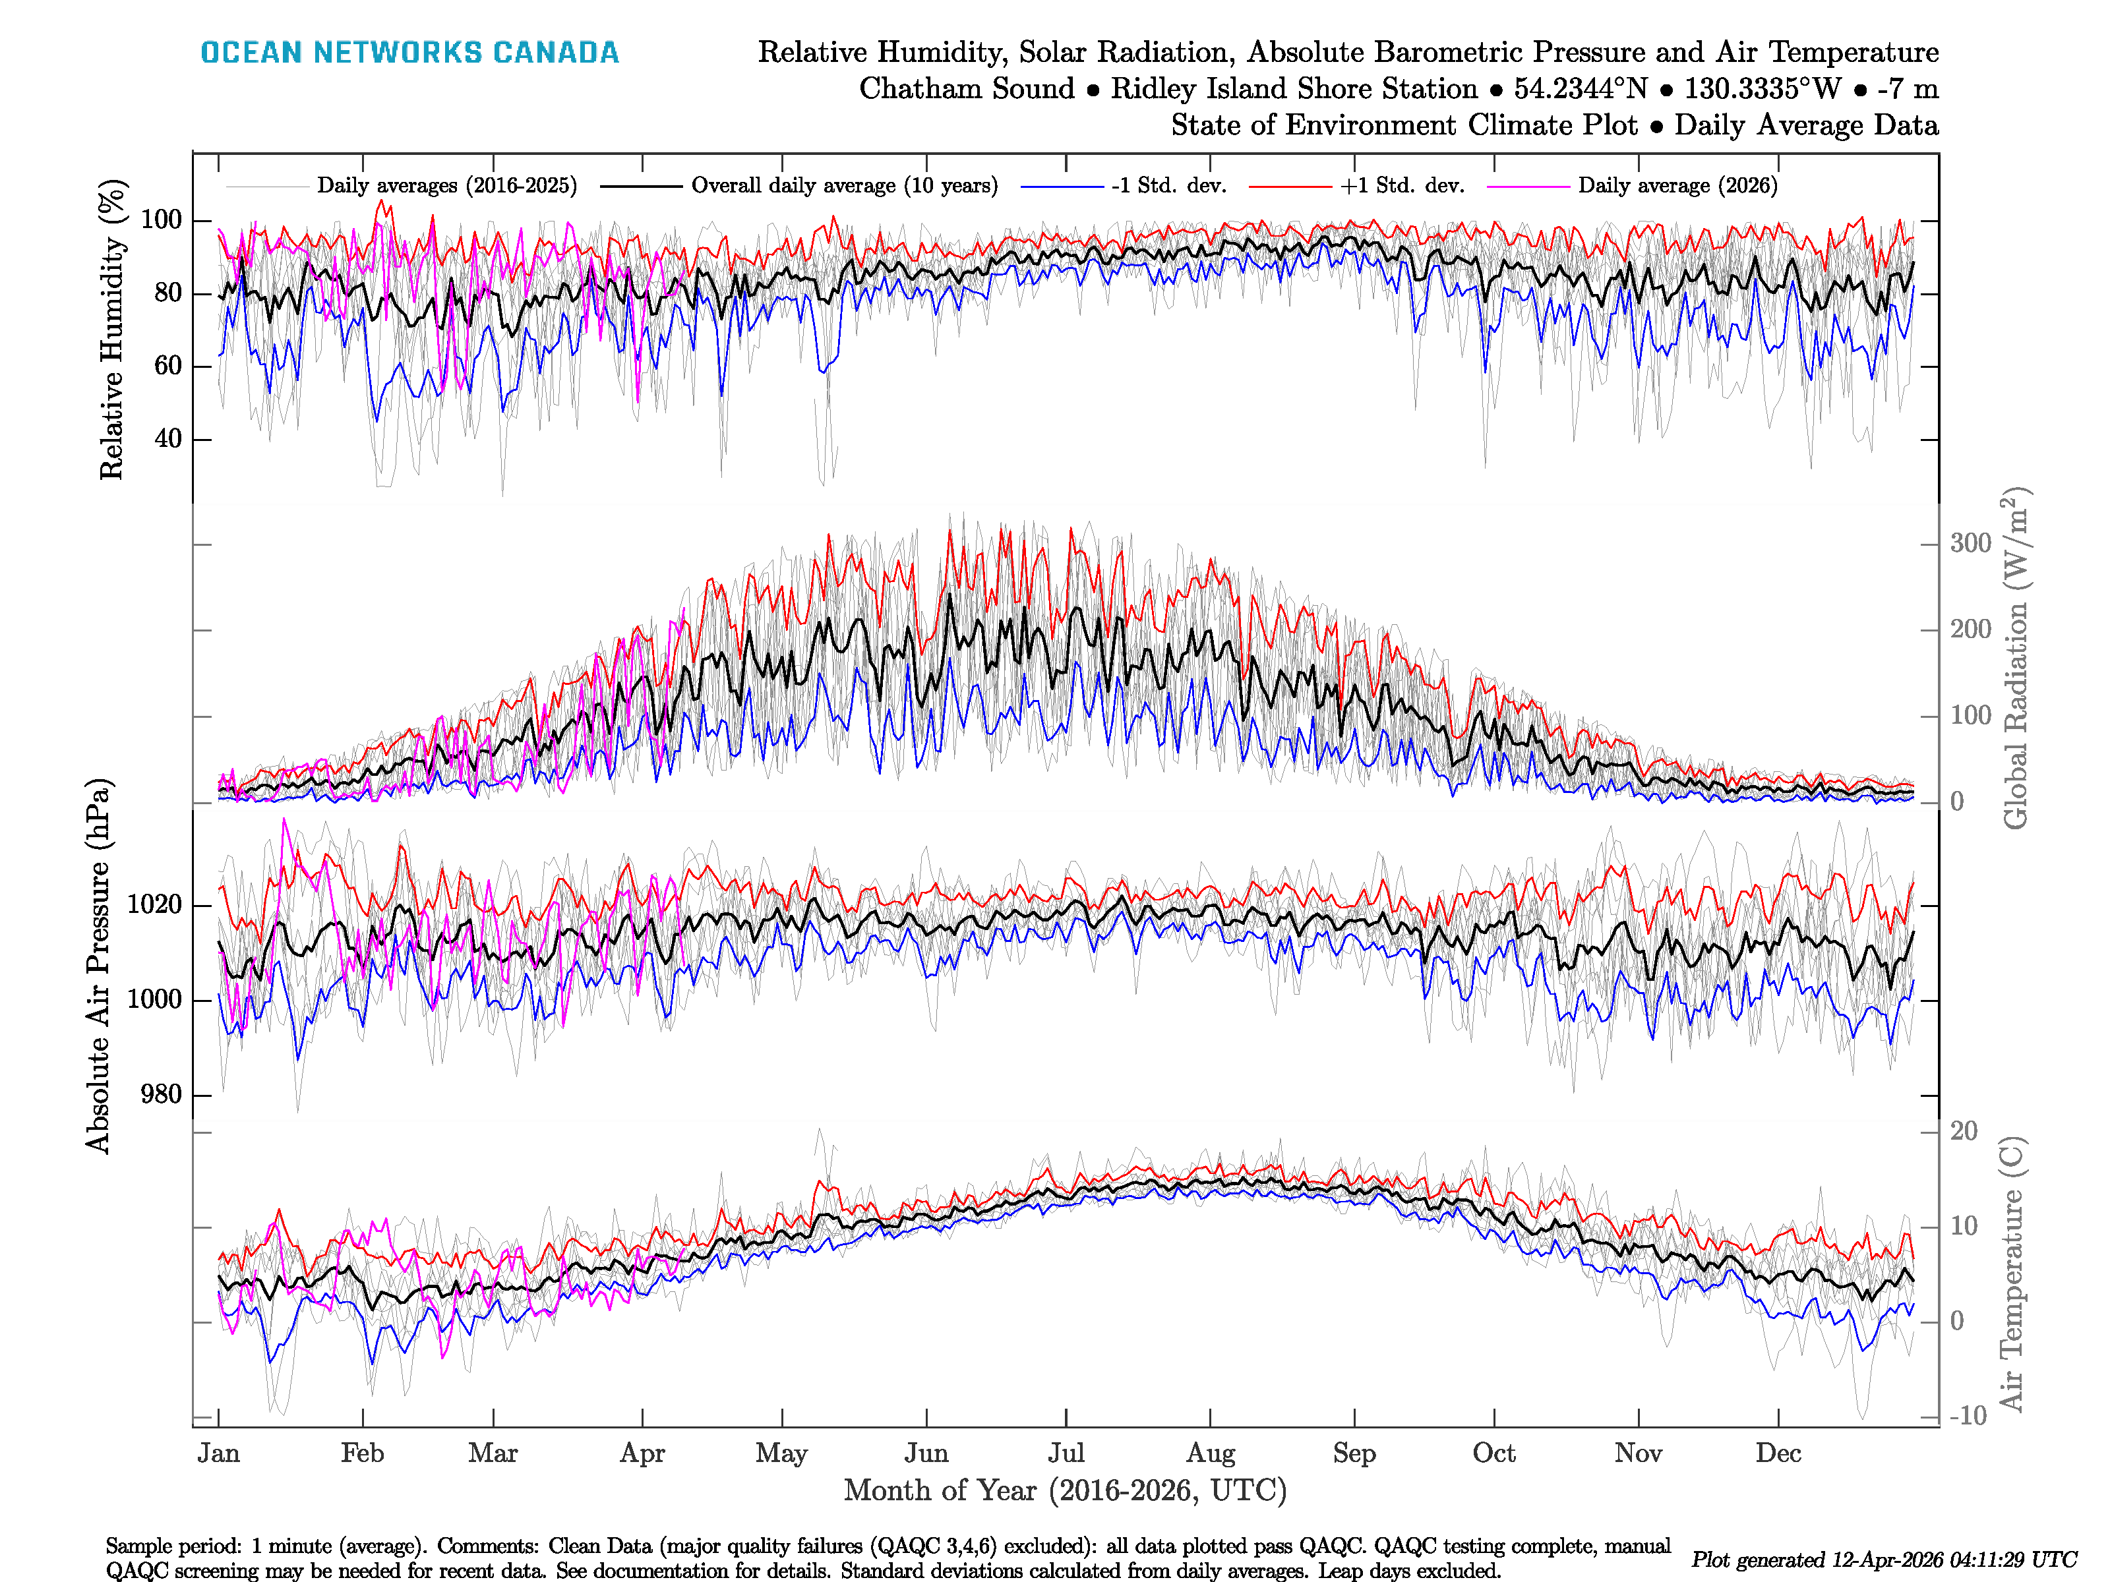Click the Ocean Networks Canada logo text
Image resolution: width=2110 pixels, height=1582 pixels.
click(409, 53)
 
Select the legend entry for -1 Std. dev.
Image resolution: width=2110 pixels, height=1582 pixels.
click(1168, 186)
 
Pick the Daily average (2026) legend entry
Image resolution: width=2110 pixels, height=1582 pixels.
click(1677, 186)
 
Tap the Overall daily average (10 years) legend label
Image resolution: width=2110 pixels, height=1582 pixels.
click(844, 186)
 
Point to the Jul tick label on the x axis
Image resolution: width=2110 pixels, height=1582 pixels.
click(1066, 1453)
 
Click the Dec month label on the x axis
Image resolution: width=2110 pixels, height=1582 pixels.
click(1778, 1453)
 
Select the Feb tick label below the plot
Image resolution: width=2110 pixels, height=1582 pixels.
click(363, 1453)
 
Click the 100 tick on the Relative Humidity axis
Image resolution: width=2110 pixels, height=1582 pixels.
click(161, 220)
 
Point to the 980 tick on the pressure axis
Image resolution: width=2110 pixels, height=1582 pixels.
click(161, 1095)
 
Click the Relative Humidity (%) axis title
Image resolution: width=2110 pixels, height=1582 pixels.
click(113, 329)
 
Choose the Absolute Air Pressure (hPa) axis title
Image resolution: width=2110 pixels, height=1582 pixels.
click(98, 966)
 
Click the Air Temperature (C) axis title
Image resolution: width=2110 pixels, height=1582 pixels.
click(2011, 1273)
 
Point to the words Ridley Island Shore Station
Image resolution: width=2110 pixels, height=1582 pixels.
click(1294, 89)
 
